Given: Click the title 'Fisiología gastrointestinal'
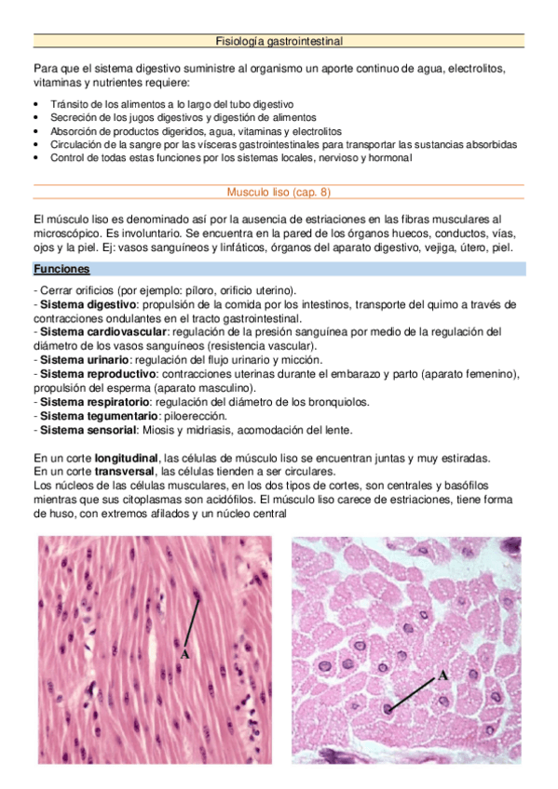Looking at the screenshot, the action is [x=279, y=41].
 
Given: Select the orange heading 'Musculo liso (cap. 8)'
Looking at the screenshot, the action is [x=279, y=193].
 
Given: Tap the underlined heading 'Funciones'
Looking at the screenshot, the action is [x=61, y=269].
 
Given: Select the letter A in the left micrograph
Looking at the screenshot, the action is [x=184, y=655].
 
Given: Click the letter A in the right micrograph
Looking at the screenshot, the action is [x=442, y=675].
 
